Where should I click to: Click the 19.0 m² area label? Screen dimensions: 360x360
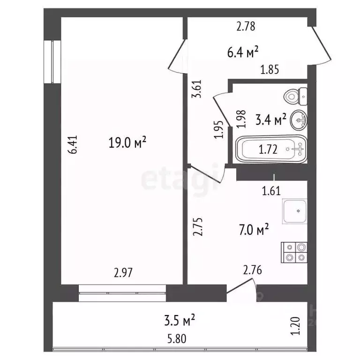[x=128, y=142]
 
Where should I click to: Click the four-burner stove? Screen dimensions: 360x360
[x=294, y=252]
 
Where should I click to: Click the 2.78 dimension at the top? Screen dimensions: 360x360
[x=246, y=27]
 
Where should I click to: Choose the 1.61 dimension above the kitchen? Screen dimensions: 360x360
[x=270, y=191]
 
